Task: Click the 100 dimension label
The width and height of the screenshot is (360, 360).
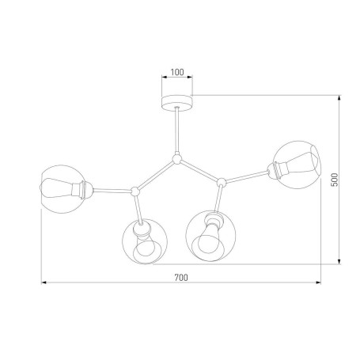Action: (x=177, y=72)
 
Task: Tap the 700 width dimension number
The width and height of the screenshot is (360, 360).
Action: (x=181, y=278)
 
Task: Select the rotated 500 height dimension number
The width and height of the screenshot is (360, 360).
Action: (x=334, y=180)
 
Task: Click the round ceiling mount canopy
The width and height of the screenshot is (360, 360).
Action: (x=177, y=103)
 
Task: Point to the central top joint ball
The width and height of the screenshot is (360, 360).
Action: (x=176, y=158)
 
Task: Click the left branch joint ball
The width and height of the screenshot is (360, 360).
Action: (x=135, y=191)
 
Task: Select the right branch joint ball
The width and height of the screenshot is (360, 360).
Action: (x=222, y=182)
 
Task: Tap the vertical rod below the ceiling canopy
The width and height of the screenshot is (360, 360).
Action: (x=177, y=131)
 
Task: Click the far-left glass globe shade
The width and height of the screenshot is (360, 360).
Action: (x=63, y=189)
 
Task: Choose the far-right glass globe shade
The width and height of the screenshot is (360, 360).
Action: (x=297, y=165)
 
